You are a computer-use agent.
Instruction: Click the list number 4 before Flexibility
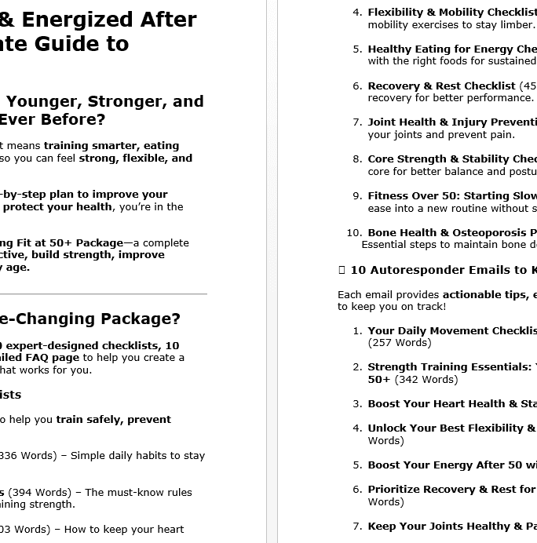pos(357,13)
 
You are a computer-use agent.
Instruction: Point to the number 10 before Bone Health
pos(353,232)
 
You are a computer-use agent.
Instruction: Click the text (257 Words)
pos(400,343)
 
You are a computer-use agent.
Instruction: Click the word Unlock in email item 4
pos(388,428)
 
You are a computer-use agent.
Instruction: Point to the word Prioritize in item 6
pos(396,490)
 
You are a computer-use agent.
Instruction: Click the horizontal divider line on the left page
pos(102,294)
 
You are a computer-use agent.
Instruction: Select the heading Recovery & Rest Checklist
pos(441,86)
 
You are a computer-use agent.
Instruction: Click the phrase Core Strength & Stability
pos(440,159)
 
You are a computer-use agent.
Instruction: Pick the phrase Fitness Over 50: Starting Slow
pos(451,196)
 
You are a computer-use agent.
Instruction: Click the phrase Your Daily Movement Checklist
pos(451,330)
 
